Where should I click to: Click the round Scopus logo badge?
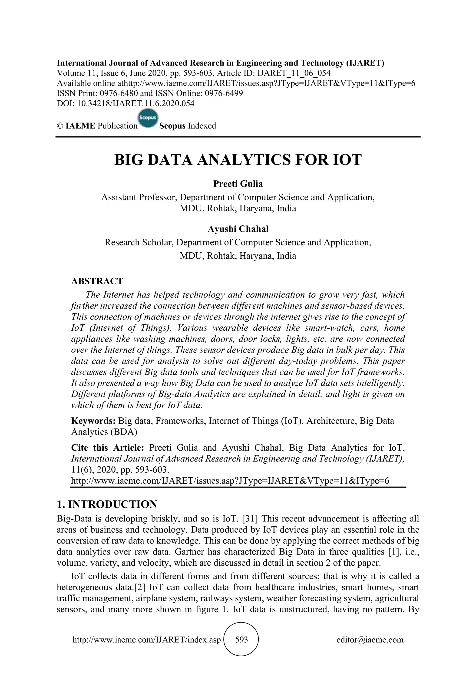point(148,119)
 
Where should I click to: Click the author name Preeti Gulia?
point(238,184)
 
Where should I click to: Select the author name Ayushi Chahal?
point(238,229)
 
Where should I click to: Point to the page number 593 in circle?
point(241,640)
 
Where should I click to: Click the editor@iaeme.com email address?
point(370,640)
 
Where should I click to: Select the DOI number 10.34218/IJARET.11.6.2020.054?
point(136,103)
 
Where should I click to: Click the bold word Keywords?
point(93,421)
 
